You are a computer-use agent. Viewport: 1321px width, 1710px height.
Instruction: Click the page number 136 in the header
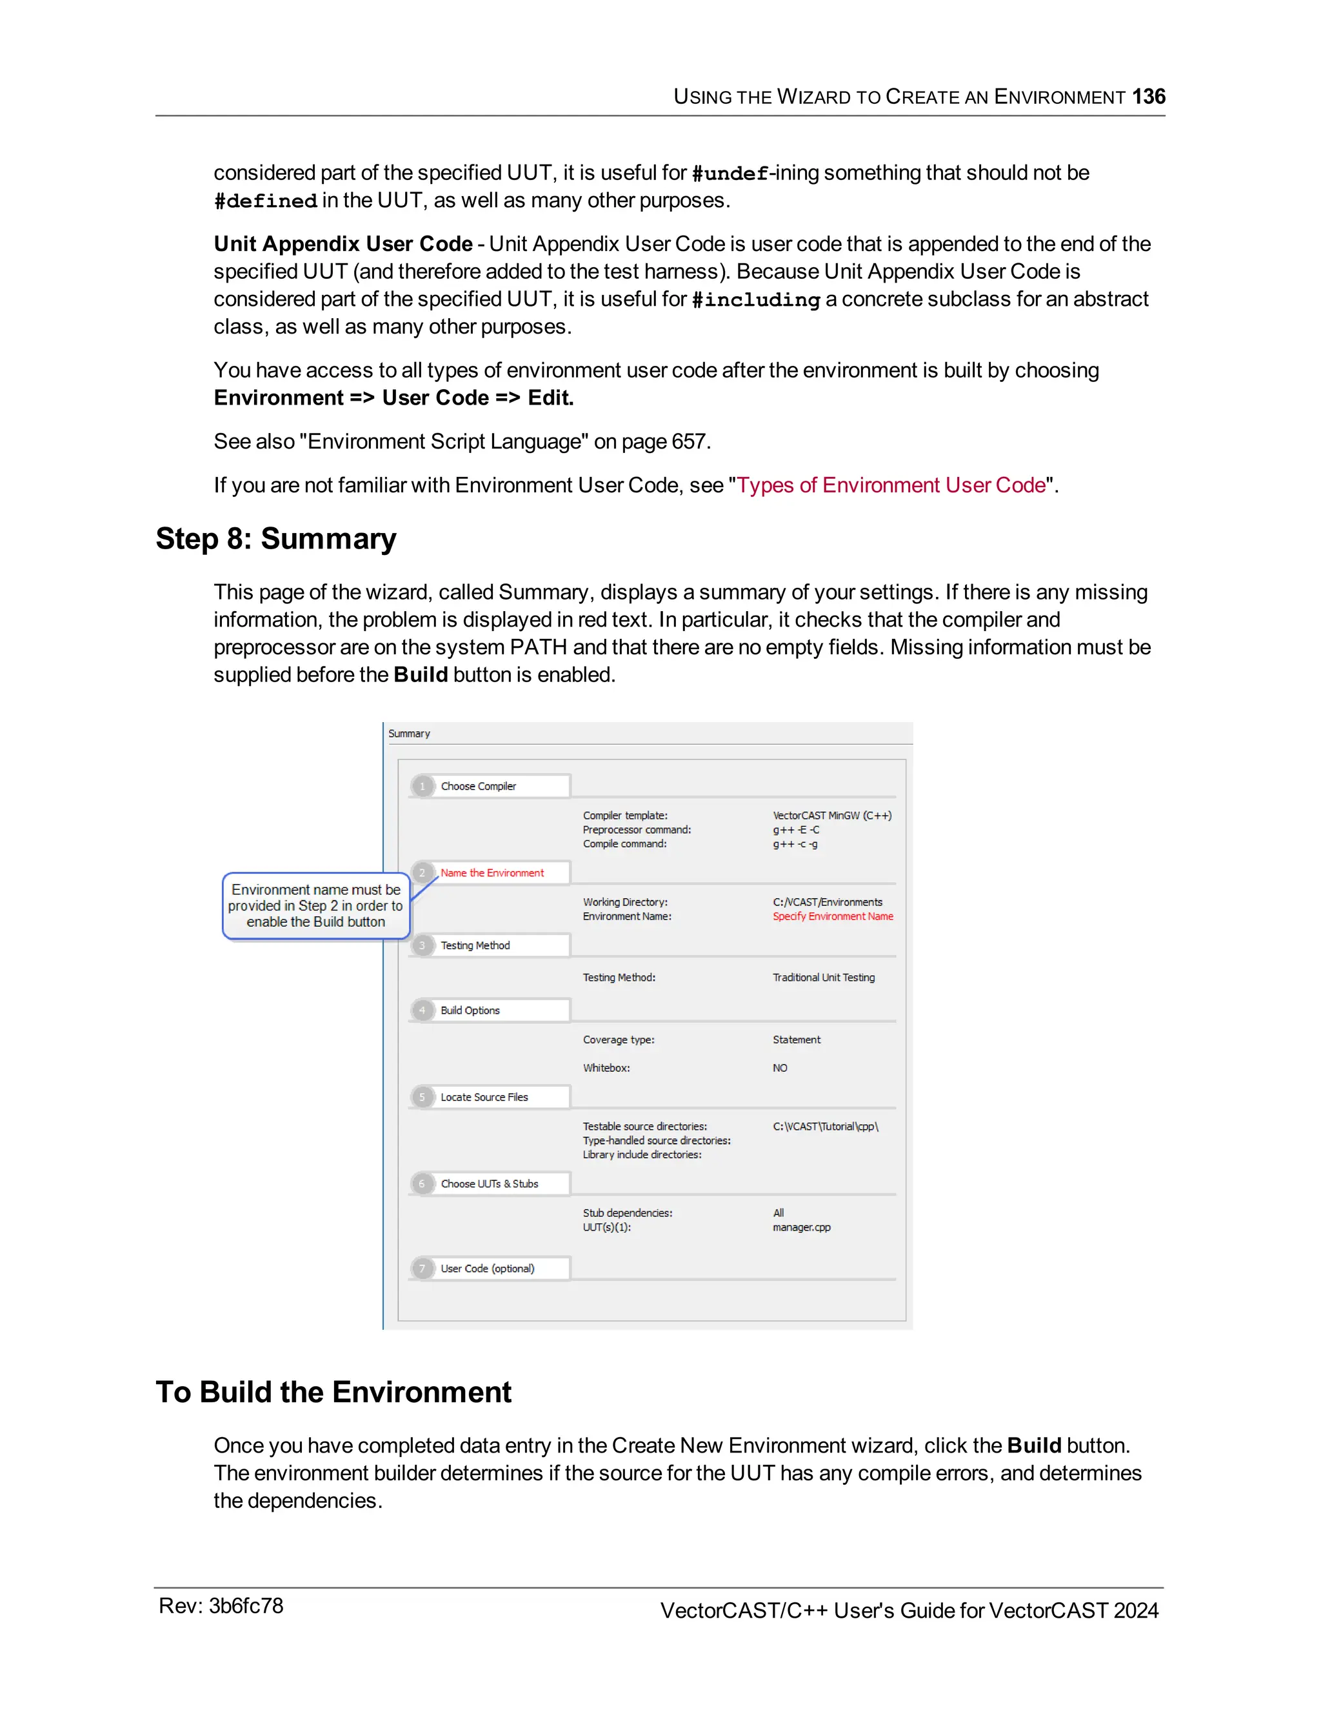click(1148, 96)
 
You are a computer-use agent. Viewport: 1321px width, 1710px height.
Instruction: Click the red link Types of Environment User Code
click(891, 485)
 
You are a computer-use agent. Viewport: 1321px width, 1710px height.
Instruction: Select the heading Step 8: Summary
click(276, 539)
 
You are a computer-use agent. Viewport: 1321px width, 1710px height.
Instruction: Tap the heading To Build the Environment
click(333, 1392)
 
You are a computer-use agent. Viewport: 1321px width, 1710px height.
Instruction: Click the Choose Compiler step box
click(491, 786)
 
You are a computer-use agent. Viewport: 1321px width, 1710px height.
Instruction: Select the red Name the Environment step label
click(492, 873)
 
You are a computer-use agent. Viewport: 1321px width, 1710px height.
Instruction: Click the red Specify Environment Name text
click(833, 917)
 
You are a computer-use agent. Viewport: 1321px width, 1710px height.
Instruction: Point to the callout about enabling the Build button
click(315, 906)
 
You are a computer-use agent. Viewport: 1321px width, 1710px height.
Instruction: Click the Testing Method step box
click(491, 946)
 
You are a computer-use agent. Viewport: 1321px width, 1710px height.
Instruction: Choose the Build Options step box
click(491, 1011)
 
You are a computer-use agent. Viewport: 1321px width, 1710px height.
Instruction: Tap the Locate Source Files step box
click(491, 1098)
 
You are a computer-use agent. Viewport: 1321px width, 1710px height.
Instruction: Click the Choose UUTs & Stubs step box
click(491, 1184)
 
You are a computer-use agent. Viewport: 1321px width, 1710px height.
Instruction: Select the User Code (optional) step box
click(491, 1269)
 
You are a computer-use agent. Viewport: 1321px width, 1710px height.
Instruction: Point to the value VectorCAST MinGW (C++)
click(832, 816)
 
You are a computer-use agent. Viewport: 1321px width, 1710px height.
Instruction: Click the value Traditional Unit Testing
click(823, 978)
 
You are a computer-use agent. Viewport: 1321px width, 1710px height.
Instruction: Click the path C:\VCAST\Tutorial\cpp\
click(825, 1127)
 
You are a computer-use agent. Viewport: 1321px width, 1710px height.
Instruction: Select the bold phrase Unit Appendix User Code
click(343, 245)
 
